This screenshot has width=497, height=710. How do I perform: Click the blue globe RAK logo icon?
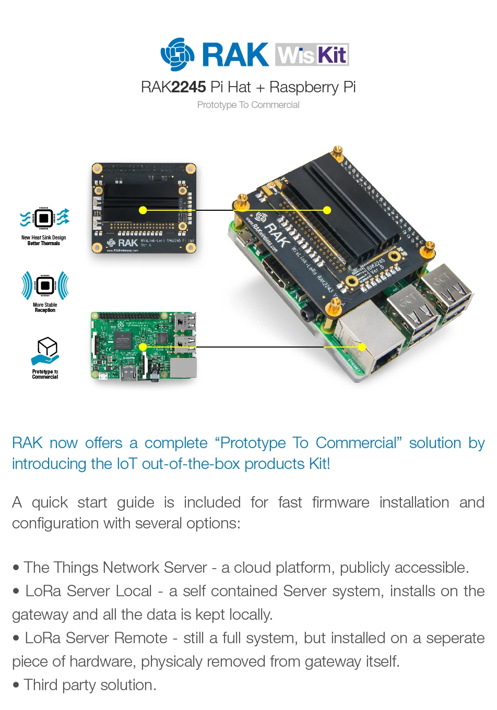(x=177, y=54)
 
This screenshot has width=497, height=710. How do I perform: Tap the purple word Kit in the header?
(x=332, y=55)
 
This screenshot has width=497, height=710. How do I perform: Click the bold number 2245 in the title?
(x=188, y=87)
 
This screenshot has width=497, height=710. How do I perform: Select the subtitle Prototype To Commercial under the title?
(x=248, y=105)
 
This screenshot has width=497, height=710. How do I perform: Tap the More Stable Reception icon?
(x=45, y=285)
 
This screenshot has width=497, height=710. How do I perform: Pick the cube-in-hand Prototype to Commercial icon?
(x=46, y=351)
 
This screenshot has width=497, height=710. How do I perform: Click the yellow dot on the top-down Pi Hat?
(x=143, y=210)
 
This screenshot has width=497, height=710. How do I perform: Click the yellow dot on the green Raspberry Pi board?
(x=143, y=347)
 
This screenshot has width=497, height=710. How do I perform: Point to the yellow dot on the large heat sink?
(x=327, y=210)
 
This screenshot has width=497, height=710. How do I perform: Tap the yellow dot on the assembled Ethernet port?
(x=362, y=347)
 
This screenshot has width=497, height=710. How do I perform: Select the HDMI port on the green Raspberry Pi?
(x=128, y=372)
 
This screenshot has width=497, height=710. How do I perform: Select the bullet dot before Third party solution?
(x=16, y=685)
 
